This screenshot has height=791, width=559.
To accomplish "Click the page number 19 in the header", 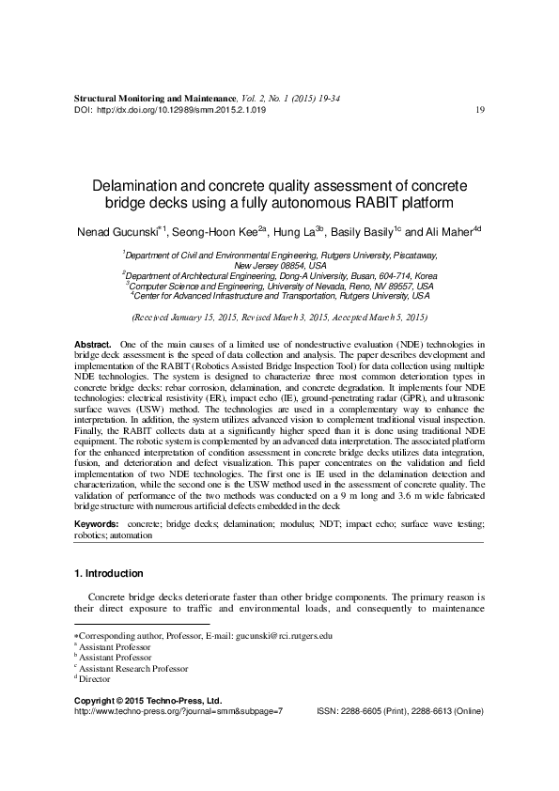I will [480, 110].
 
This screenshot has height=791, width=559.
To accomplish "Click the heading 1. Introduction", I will [108, 573].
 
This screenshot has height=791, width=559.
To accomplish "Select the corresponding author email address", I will [286, 636].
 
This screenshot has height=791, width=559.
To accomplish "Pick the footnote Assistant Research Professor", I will [134, 668].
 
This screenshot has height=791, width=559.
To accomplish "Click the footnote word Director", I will [96, 678].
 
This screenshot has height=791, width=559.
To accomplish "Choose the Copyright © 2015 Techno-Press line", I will [148, 701].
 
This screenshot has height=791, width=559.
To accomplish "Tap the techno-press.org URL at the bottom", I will [178, 712].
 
